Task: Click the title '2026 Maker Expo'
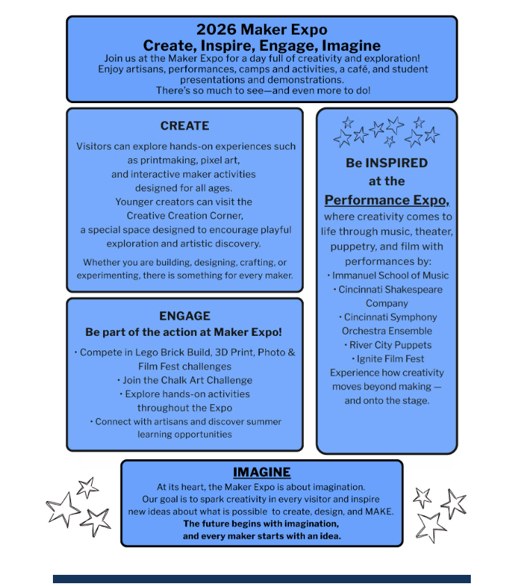point(261,30)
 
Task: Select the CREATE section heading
point(185,125)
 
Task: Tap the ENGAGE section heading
point(185,316)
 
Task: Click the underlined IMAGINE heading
point(261,472)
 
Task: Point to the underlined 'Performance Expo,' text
point(387,200)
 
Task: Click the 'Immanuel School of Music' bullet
point(388,276)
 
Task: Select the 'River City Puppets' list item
point(387,345)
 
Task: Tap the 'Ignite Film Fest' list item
point(388,359)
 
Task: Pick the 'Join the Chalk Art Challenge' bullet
point(185,380)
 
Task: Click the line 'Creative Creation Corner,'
point(185,215)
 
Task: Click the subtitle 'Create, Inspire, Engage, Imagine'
point(261,45)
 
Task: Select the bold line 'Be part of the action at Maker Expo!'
point(184,332)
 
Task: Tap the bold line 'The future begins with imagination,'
point(261,523)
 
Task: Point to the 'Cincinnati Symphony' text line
point(387,317)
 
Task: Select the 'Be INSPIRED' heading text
point(387,163)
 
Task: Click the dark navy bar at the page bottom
point(261,578)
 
